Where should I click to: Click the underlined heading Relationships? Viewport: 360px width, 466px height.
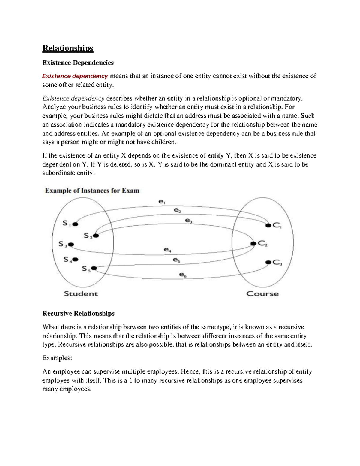point(68,48)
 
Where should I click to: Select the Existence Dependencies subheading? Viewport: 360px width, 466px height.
point(78,63)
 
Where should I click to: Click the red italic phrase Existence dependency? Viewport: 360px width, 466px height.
point(75,76)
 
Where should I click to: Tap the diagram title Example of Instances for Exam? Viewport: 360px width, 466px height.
point(92,191)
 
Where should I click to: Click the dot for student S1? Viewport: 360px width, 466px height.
point(75,224)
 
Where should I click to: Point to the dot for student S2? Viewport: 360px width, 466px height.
point(96,236)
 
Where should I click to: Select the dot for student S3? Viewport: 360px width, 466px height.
point(71,245)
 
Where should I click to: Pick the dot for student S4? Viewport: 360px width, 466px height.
point(75,259)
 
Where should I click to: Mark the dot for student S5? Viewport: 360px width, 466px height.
point(94,268)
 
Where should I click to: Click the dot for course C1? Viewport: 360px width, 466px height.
point(268,225)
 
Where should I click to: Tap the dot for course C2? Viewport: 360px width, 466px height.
point(253,244)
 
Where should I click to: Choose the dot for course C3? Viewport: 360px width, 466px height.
point(268,262)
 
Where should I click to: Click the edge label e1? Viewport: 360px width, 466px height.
point(162,202)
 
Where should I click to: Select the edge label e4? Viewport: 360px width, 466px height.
point(167,249)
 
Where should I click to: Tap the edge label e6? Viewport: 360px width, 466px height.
point(183,274)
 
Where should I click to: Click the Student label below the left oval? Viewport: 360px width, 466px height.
point(81,294)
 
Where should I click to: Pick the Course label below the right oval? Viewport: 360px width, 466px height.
point(262,294)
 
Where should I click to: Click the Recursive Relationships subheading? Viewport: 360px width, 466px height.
point(79,314)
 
